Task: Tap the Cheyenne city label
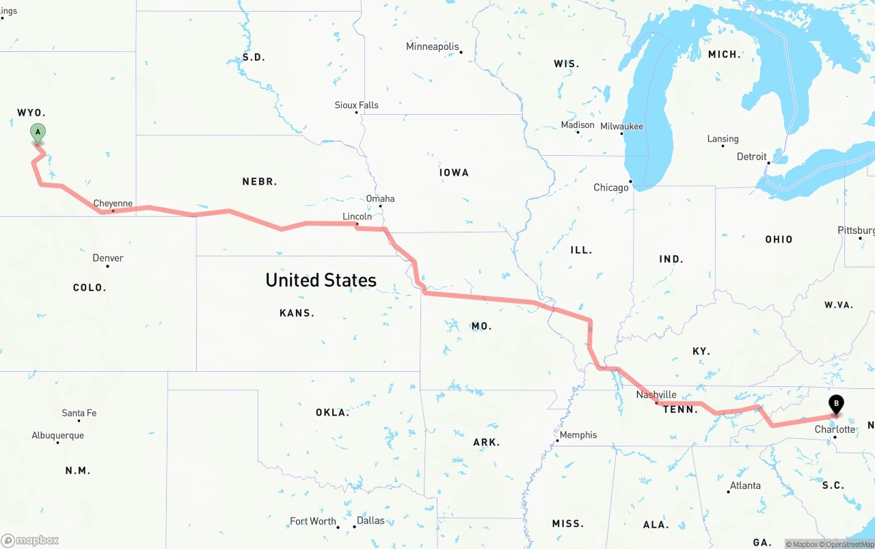pos(113,204)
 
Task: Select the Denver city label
pos(108,258)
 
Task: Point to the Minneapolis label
pos(433,46)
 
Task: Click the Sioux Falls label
pos(356,105)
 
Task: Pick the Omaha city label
pos(380,199)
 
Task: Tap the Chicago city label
pos(611,187)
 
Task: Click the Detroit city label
pos(751,157)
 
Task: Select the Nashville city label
pos(656,394)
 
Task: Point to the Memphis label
pos(578,435)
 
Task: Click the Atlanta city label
pos(745,485)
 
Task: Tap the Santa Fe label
pos(79,413)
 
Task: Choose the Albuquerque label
pos(58,436)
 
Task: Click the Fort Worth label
pos(313,521)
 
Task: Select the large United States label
pos(321,280)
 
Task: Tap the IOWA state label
pos(454,173)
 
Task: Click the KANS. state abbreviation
pos(297,313)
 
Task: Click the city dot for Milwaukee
pos(623,133)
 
